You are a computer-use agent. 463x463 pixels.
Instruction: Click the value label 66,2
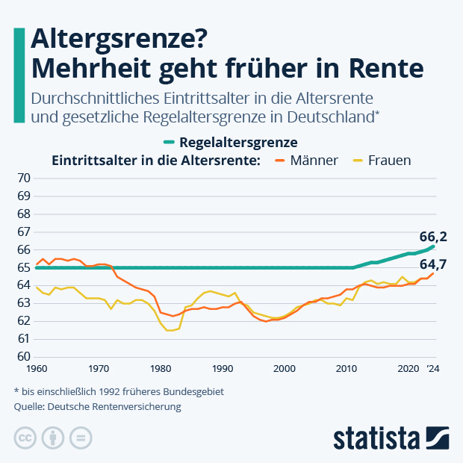click(x=432, y=237)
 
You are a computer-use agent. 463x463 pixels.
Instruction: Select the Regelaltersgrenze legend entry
click(x=231, y=142)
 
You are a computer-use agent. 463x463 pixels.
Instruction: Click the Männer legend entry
click(x=307, y=161)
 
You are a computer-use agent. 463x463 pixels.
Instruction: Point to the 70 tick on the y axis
click(x=23, y=178)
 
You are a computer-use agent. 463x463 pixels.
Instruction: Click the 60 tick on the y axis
click(x=23, y=357)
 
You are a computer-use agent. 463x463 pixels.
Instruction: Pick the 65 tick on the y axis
click(x=23, y=267)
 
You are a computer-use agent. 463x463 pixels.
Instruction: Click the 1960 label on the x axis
click(x=36, y=369)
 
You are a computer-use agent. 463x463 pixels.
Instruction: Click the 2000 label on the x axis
click(x=284, y=369)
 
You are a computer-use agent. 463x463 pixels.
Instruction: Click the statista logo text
click(x=376, y=437)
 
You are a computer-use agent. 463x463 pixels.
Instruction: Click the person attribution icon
click(x=53, y=438)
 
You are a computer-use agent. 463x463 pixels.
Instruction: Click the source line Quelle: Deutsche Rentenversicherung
click(x=97, y=408)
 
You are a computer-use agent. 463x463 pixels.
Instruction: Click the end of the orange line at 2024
click(x=433, y=273)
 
